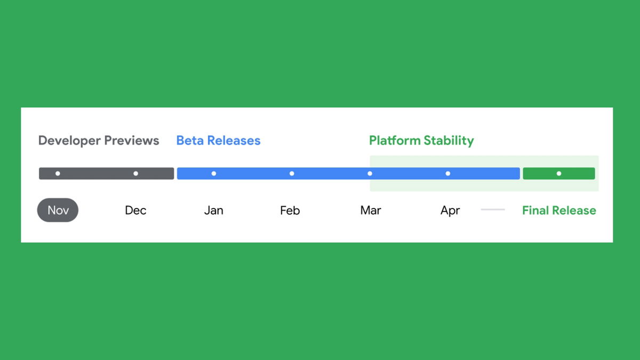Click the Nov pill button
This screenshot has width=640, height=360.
click(58, 210)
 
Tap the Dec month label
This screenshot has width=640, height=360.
click(135, 210)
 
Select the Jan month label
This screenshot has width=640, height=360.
click(214, 210)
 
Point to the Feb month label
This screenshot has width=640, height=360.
click(290, 210)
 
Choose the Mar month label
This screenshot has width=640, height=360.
click(371, 210)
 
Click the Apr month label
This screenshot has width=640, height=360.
click(450, 211)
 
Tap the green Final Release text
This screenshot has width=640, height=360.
click(559, 210)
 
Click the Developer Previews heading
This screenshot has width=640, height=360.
click(99, 140)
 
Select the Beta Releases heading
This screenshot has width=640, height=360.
click(218, 140)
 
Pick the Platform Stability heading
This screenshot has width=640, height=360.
click(421, 141)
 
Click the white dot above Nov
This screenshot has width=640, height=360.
click(58, 173)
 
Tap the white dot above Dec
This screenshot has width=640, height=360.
click(135, 173)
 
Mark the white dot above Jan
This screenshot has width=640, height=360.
click(214, 173)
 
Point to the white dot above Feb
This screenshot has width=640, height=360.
click(292, 173)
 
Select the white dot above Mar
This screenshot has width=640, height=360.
click(370, 173)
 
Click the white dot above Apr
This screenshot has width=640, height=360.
click(447, 173)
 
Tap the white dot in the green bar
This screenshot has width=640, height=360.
click(559, 173)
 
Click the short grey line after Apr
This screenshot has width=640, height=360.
click(493, 210)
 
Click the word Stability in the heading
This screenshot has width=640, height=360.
click(449, 141)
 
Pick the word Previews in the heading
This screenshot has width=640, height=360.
click(131, 140)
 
